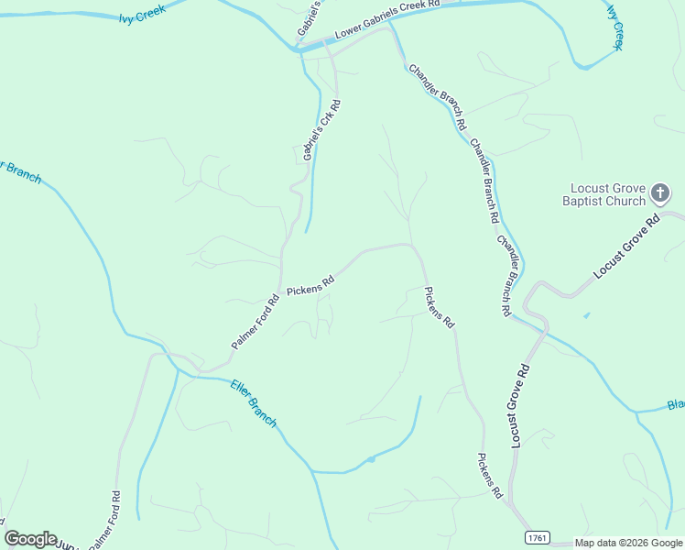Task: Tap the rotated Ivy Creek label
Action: [614, 27]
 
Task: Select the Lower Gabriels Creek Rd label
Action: [387, 19]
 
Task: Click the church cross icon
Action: [660, 193]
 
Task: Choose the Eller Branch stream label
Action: [254, 402]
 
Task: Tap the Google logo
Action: [30, 539]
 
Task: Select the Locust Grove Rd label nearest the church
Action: [626, 247]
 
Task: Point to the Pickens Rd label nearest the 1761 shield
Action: [490, 475]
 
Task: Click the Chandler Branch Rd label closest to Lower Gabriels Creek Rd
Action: [439, 95]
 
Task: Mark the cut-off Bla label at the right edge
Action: [675, 405]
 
